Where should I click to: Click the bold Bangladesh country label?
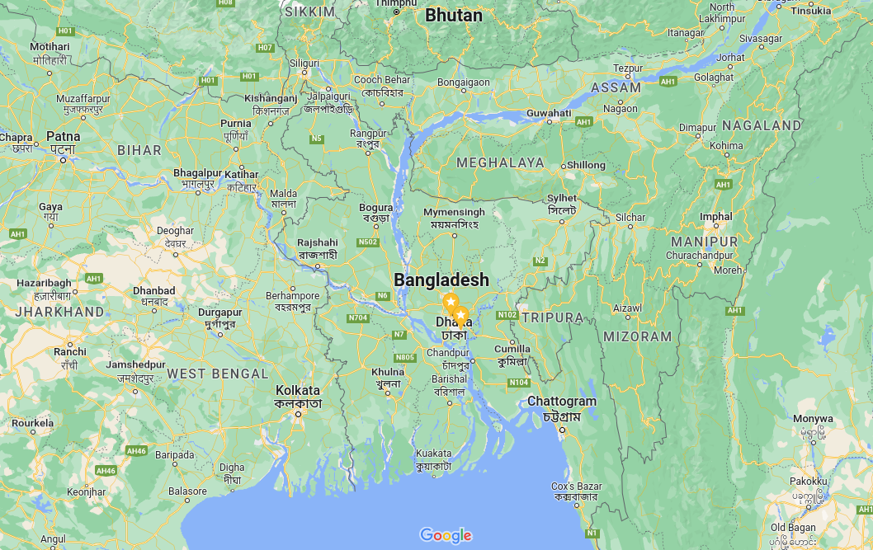pyautogui.click(x=441, y=280)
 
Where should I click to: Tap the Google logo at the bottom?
pyautogui.click(x=446, y=535)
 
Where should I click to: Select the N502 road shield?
pyautogui.click(x=367, y=242)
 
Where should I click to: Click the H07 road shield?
pyautogui.click(x=265, y=48)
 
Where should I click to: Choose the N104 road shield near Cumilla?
pyautogui.click(x=518, y=382)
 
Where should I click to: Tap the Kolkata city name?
pyautogui.click(x=298, y=390)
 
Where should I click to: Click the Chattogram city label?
pyautogui.click(x=561, y=402)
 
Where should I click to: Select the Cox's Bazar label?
pyautogui.click(x=577, y=487)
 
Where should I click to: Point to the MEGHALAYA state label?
pyautogui.click(x=500, y=162)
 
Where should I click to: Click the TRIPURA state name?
pyautogui.click(x=552, y=317)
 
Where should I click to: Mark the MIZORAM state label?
pyautogui.click(x=638, y=336)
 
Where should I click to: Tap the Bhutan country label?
pyautogui.click(x=454, y=16)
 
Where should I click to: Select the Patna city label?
pyautogui.click(x=64, y=136)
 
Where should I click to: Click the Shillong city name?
pyautogui.click(x=586, y=165)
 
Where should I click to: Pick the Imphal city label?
pyautogui.click(x=715, y=217)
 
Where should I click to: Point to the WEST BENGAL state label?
pyautogui.click(x=218, y=374)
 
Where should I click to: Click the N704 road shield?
pyautogui.click(x=358, y=317)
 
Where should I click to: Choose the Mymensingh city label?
pyautogui.click(x=454, y=213)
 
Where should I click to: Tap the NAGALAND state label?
pyautogui.click(x=761, y=125)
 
